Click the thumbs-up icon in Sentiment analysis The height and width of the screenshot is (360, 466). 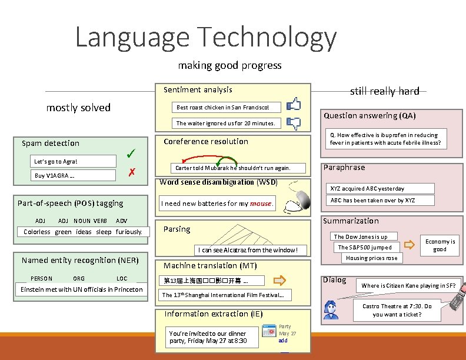293,105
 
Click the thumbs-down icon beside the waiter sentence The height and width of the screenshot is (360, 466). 293,123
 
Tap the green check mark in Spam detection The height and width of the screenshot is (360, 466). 132,154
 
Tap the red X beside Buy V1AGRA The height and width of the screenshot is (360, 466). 132,172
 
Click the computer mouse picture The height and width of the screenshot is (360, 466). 299,202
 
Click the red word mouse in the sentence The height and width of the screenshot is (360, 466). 261,204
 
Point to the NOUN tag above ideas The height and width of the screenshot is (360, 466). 82,221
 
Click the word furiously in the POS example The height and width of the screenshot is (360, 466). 129,232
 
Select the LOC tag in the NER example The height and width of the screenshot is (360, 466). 122,278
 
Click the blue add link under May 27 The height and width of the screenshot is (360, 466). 283,341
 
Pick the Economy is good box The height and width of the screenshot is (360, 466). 440,245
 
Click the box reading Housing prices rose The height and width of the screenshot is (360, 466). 371,258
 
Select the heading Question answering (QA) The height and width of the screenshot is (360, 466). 370,116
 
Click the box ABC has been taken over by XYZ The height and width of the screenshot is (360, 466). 372,200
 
